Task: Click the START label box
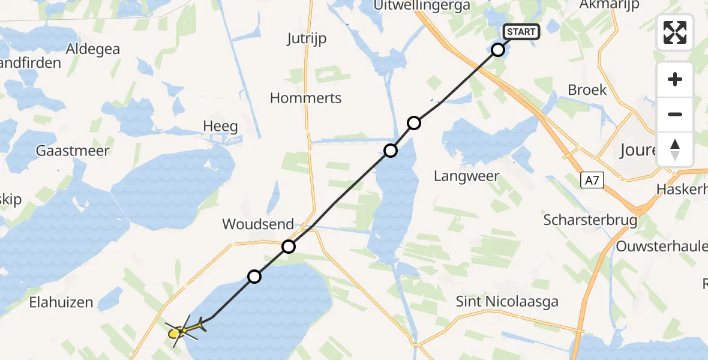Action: coord(521,32)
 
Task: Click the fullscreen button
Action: coord(675,32)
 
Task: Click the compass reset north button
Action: coord(675,149)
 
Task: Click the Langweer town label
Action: coord(467,176)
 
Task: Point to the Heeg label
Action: coord(220,127)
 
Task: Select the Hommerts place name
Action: coord(305,98)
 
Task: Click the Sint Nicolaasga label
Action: coord(507,301)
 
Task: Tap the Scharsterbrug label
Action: coord(590,220)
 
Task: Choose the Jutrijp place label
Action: coord(307,38)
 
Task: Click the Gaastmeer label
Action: coord(73,150)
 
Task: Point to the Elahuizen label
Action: coord(61,302)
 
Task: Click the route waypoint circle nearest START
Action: coord(498,50)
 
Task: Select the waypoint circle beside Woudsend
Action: coord(289,246)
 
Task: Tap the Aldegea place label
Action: coord(93,49)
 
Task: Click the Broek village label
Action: coord(587,90)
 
